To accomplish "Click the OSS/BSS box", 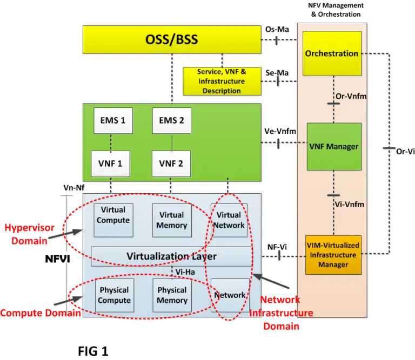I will (x=172, y=39).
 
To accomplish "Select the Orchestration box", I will (x=332, y=53).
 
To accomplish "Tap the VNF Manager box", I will (x=334, y=146).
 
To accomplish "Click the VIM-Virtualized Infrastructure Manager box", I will (x=333, y=255).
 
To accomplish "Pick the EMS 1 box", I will (x=113, y=120).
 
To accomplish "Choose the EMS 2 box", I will (x=171, y=120).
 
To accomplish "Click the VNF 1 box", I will (x=111, y=163).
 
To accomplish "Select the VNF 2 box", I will (x=171, y=163).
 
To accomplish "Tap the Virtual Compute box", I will (x=113, y=215).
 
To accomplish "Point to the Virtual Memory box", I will (x=171, y=221).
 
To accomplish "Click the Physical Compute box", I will (x=115, y=295).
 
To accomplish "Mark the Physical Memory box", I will (x=172, y=295).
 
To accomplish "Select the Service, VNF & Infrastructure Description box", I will (x=222, y=81).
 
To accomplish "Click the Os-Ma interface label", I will (x=276, y=30).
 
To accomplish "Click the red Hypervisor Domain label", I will (x=29, y=234).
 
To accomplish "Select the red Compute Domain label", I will (x=37, y=313).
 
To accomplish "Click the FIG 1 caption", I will (x=93, y=351).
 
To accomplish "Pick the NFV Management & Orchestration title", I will (x=336, y=10).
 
